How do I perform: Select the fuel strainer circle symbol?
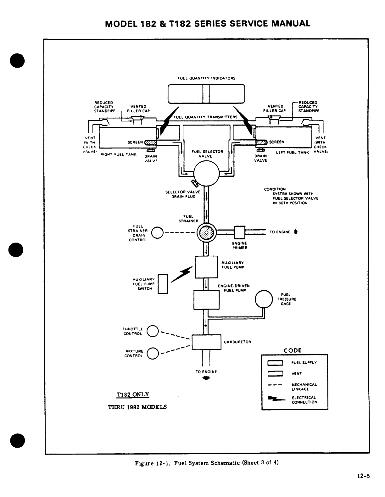click(x=206, y=233)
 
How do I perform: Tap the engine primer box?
click(x=240, y=232)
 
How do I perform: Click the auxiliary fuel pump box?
click(x=206, y=267)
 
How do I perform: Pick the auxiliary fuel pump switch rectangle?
click(x=163, y=284)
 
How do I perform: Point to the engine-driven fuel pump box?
click(x=206, y=300)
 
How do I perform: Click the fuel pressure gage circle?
click(x=264, y=299)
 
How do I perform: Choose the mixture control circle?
click(x=153, y=353)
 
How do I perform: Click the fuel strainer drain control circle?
click(x=157, y=233)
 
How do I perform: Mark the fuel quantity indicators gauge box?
click(x=206, y=93)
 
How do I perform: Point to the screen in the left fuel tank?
click(x=261, y=142)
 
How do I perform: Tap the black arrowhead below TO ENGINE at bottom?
click(x=206, y=379)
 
